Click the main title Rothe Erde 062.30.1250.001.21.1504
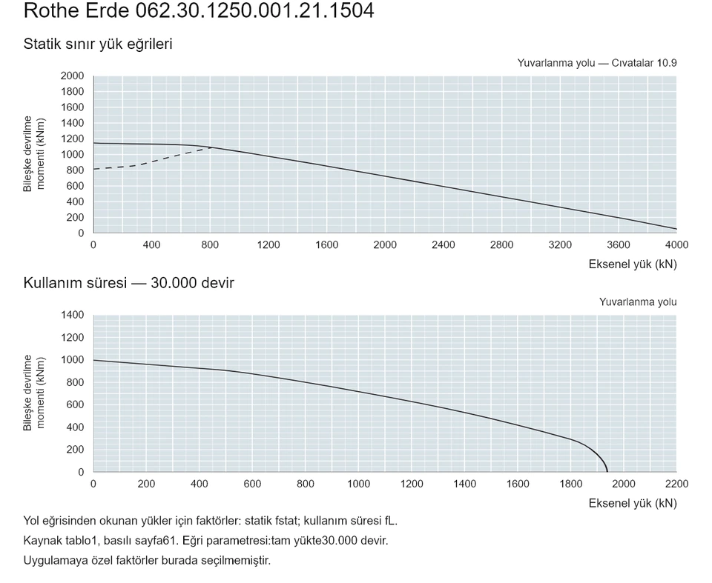pos(199,10)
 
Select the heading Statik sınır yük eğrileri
pos(98,44)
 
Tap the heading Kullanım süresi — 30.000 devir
pos(128,283)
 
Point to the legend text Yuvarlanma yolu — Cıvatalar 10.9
pos(596,63)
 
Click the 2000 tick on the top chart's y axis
pos(72,76)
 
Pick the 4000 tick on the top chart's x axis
pos(676,245)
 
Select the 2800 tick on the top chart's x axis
pos(502,245)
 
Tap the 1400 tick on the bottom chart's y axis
pos(72,315)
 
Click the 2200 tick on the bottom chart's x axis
pos(676,484)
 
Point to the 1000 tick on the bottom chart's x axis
pos(359,484)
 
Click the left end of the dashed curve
pos(93,169)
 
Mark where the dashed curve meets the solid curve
pos(211,147)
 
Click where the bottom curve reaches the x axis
pos(607,472)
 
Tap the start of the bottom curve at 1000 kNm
pos(93,360)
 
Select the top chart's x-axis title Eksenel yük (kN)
pos(633,264)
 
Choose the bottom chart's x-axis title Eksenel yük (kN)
pos(633,504)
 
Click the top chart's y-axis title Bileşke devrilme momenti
pos(34,154)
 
